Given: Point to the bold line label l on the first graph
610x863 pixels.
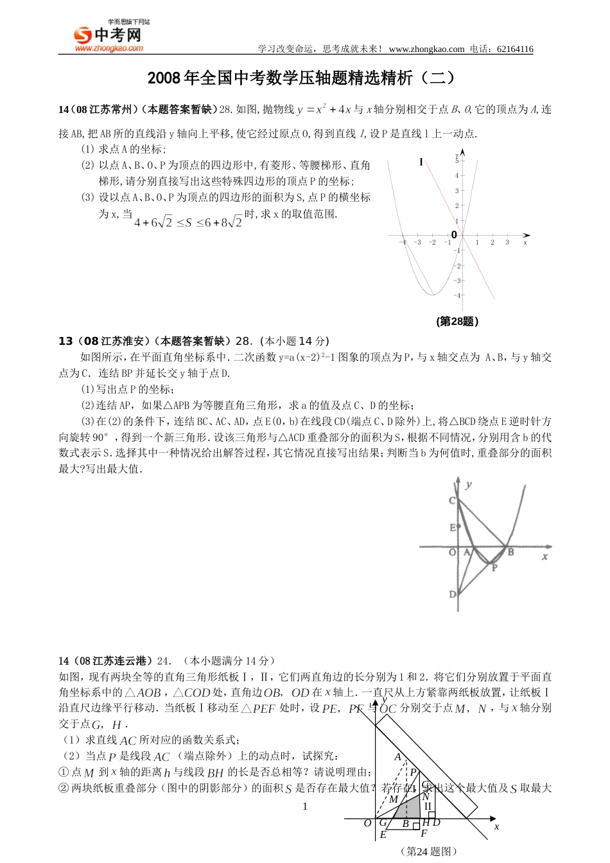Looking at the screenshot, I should point(421,162).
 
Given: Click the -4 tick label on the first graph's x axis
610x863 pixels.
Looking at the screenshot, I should point(402,243).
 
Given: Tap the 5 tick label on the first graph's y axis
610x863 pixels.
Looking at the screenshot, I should point(457,160).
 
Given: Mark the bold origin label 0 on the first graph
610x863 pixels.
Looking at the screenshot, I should point(455,235).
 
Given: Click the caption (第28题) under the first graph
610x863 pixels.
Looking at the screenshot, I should point(457,321).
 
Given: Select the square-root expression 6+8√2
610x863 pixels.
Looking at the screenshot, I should point(219,222).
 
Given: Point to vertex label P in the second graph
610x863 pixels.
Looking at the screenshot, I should point(494,567).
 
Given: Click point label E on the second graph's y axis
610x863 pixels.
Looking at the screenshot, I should point(452,527).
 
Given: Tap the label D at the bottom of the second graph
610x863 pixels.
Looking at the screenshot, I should point(452,595).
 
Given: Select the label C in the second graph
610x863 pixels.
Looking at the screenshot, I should point(452,501).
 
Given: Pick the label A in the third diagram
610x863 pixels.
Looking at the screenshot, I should point(397,757).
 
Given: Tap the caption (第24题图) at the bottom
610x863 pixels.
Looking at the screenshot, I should point(428,851).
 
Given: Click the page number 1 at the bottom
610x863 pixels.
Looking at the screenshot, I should point(305,806).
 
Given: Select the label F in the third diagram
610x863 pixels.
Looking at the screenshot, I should point(423,833).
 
